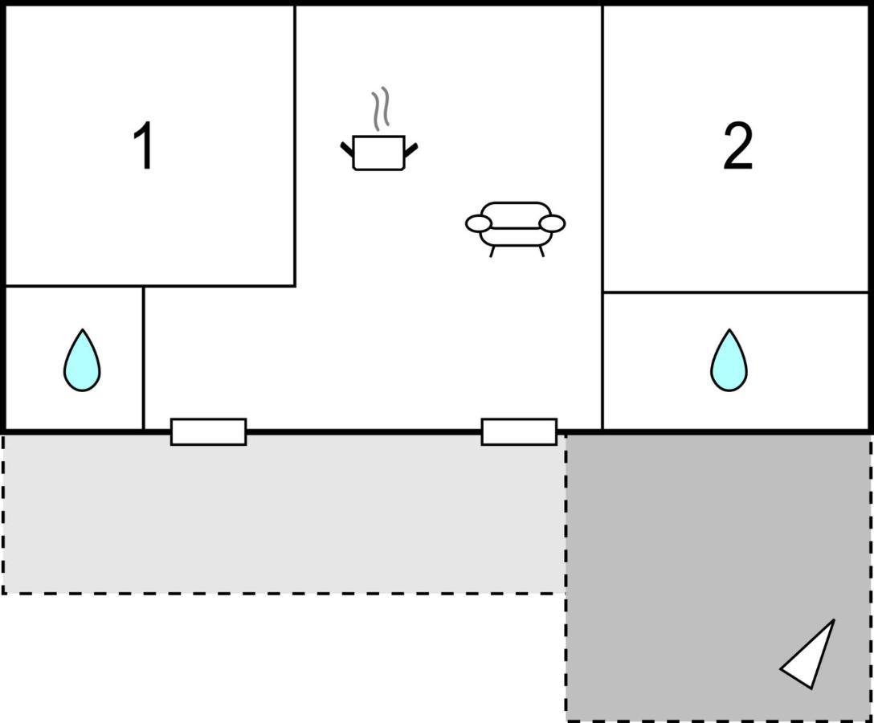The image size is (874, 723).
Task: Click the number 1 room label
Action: pos(144,146)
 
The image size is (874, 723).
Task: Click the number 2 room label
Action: pos(737,146)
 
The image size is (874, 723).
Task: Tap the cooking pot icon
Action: pos(378,153)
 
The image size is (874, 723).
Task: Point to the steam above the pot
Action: pos(380,108)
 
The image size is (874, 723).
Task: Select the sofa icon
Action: pos(515,225)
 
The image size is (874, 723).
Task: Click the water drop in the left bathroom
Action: pos(82,361)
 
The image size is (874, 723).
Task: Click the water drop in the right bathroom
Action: pos(729,361)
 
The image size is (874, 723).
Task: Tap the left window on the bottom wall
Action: pos(208,431)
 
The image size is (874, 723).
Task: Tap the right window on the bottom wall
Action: pos(519,431)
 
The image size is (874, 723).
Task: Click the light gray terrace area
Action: pos(281,514)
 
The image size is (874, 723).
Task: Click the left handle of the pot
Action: pos(347,149)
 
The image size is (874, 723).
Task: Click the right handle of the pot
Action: pos(410,149)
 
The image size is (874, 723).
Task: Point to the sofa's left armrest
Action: pos(478,224)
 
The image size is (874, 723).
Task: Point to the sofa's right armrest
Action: pos(553,223)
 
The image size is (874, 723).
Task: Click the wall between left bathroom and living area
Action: pos(143,357)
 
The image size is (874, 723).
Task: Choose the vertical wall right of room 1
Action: pos(295,145)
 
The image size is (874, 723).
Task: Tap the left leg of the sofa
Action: pos(492,251)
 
